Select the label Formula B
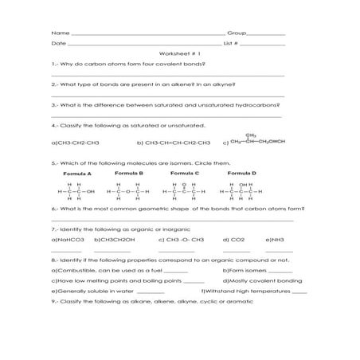tap(128, 173)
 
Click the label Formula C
tap(186, 173)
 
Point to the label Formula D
tap(241, 173)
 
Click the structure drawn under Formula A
tap(76, 191)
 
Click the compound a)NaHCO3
tap(67, 239)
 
